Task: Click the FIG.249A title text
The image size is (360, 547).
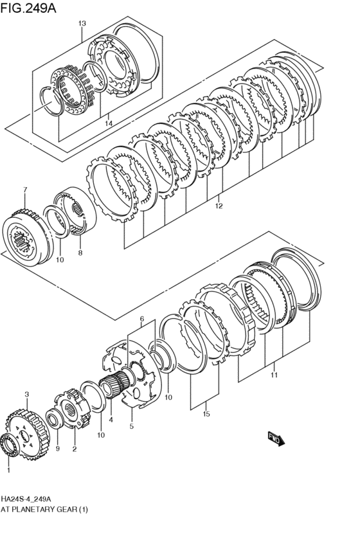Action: click(x=28, y=8)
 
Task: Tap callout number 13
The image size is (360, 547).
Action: click(x=82, y=23)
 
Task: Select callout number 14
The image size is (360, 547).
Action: click(x=109, y=123)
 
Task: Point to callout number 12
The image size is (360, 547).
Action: click(x=219, y=206)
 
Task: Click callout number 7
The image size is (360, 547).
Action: click(x=25, y=190)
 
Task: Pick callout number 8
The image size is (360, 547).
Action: click(x=80, y=253)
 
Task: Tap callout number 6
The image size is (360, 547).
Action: click(x=142, y=319)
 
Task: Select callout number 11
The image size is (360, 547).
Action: click(x=274, y=375)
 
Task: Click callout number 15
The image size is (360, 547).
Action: click(x=206, y=414)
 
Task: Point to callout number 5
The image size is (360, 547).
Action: click(x=132, y=426)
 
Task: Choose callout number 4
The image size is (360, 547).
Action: click(x=111, y=420)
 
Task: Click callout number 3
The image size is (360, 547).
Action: click(x=27, y=395)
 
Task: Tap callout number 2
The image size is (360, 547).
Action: click(x=75, y=449)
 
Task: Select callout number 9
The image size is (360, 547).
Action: click(x=58, y=449)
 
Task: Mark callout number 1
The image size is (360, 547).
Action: click(x=9, y=471)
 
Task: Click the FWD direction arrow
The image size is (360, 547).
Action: click(x=276, y=438)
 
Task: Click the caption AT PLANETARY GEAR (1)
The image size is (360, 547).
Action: click(x=44, y=509)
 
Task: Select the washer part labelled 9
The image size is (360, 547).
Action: click(x=55, y=417)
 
